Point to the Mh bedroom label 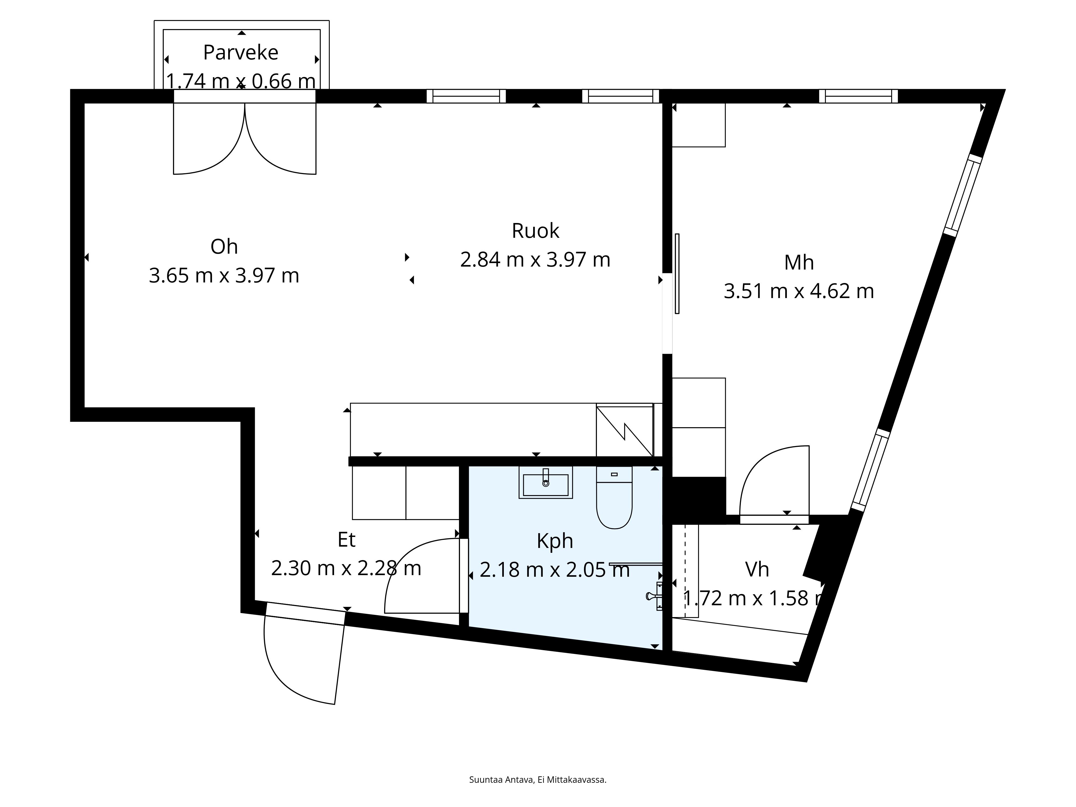pos(799,263)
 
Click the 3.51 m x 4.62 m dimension pos(799,291)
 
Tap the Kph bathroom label pos(554,541)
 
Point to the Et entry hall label pos(346,540)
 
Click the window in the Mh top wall pos(858,96)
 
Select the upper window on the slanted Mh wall pos(963,194)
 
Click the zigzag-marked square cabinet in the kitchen pos(625,430)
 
